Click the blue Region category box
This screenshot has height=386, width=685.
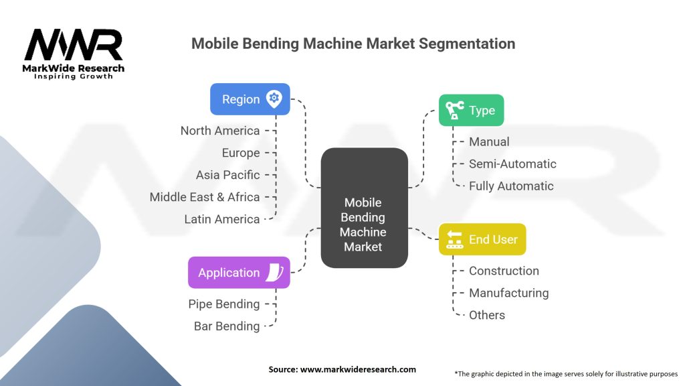[x=250, y=99]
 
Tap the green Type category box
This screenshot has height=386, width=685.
[x=471, y=111]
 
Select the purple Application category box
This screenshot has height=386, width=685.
[x=239, y=273]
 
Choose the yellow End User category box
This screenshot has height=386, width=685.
[x=482, y=239]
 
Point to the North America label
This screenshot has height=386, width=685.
[x=220, y=131]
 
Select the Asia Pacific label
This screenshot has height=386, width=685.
[x=227, y=175]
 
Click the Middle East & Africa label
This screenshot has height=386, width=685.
[x=205, y=197]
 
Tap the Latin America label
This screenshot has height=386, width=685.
[x=222, y=219]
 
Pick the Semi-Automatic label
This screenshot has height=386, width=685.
[x=512, y=164]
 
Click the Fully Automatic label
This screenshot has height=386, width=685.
[x=511, y=186]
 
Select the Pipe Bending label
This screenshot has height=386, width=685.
[x=223, y=304]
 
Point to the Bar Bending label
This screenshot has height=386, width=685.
[x=227, y=326]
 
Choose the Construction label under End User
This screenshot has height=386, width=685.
[x=504, y=271]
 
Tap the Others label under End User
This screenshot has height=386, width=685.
[x=487, y=315]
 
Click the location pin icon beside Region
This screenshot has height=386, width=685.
[x=273, y=99]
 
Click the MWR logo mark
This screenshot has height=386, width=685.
[x=74, y=45]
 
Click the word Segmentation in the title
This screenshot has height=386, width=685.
[x=468, y=44]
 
